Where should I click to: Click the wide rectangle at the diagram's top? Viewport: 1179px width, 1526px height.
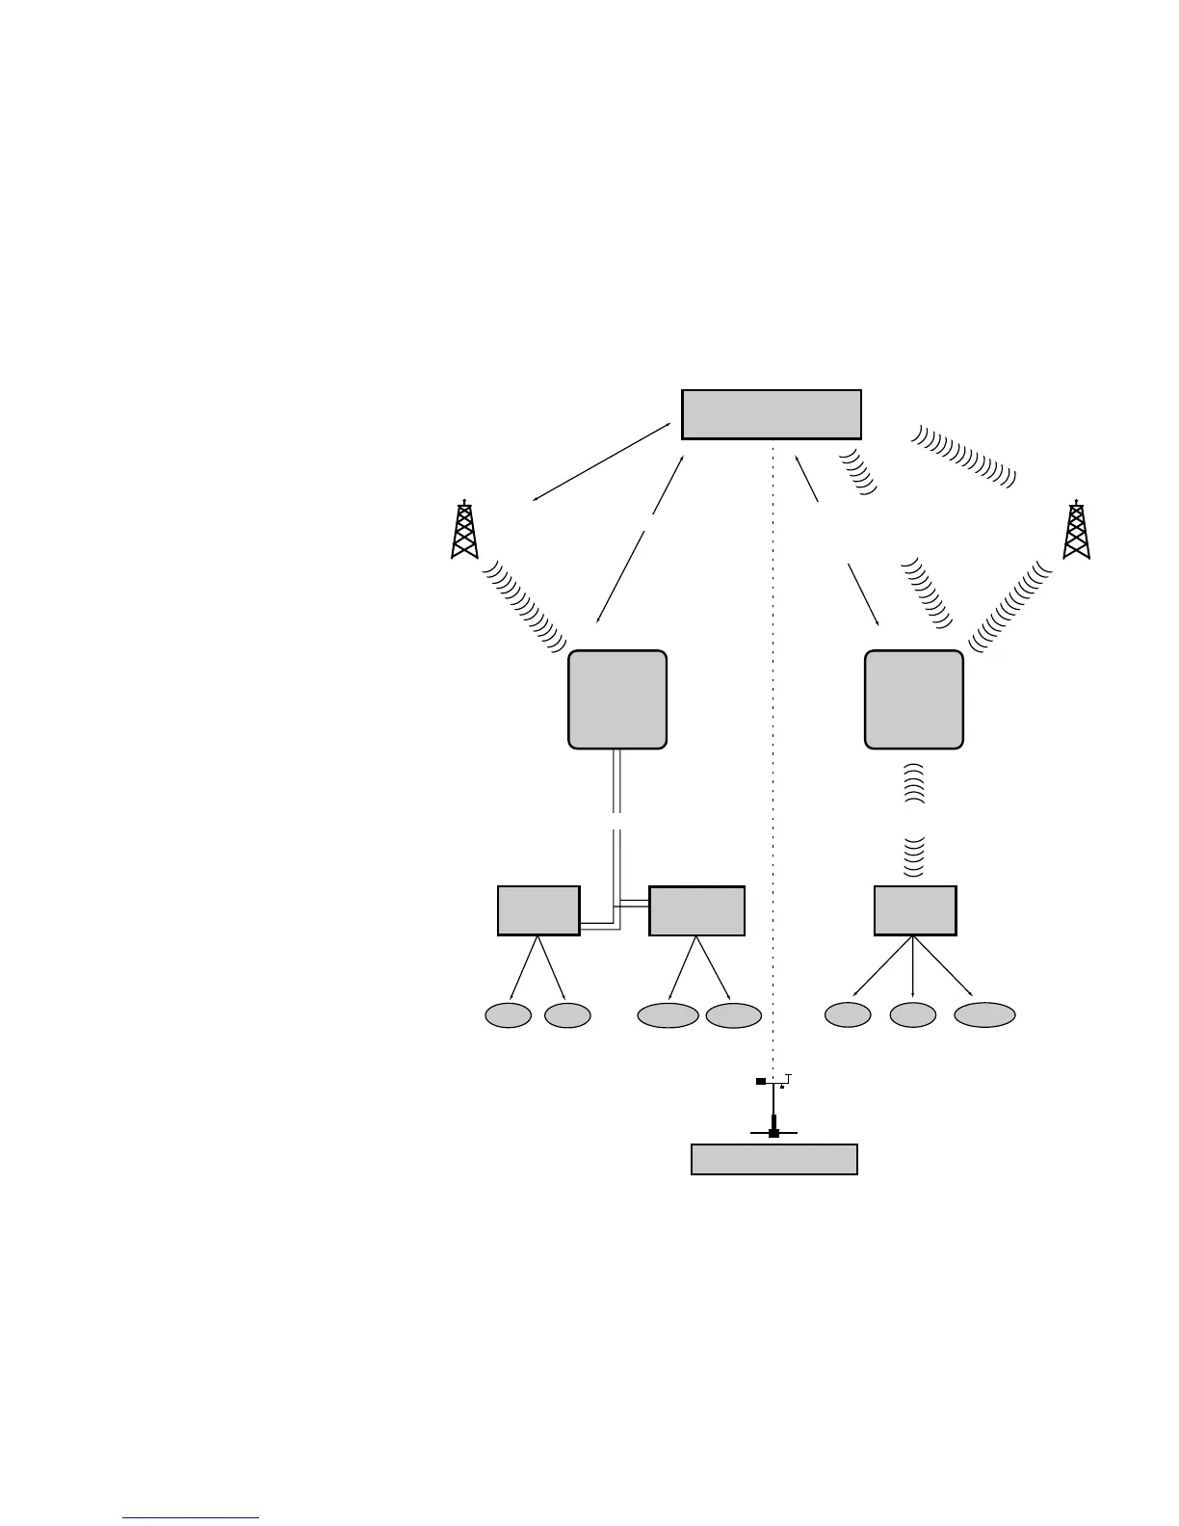coord(771,414)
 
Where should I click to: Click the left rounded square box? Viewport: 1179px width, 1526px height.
coord(617,699)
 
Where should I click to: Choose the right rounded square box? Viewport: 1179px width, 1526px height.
coord(914,699)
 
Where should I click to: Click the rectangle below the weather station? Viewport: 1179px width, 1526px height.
coord(774,1159)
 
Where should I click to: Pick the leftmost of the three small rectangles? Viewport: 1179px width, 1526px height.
coord(538,910)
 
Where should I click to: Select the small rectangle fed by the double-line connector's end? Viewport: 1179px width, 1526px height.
coord(696,910)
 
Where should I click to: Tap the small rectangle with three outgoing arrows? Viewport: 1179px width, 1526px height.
coord(915,910)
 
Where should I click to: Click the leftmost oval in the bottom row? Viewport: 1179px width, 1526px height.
coord(508,1015)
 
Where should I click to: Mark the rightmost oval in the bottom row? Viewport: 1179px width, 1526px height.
coord(984,1015)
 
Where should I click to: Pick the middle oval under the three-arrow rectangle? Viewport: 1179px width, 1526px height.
coord(912,1015)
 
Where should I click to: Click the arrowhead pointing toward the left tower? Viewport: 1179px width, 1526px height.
coord(537,499)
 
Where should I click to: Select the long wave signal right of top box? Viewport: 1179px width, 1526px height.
coord(963,456)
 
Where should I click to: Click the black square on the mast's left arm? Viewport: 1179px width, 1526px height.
coord(760,1082)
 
